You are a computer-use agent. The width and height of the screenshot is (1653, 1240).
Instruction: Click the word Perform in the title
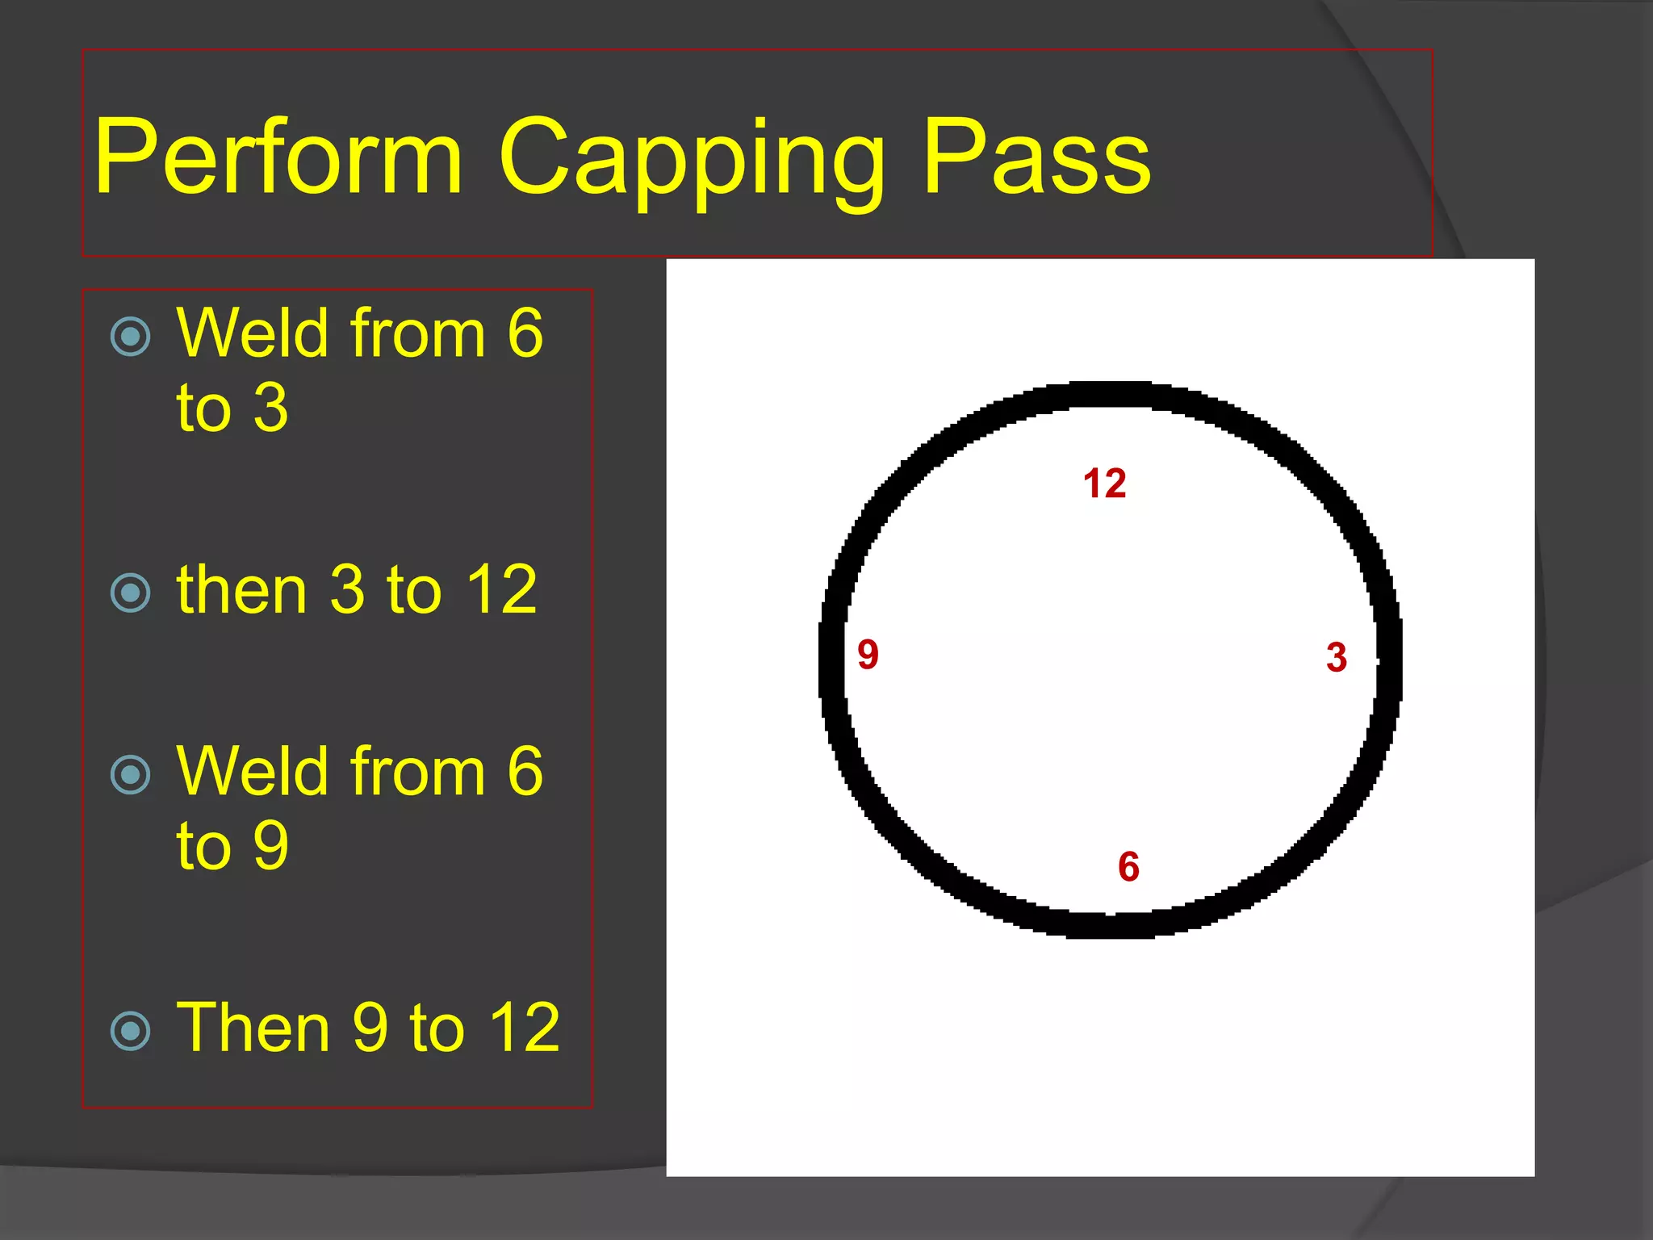tap(278, 157)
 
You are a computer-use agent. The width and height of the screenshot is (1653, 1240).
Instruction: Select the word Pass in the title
tap(1036, 157)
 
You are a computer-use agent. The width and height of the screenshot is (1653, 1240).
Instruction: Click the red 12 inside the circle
tap(1104, 484)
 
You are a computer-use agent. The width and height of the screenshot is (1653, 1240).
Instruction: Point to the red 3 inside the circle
tap(1337, 657)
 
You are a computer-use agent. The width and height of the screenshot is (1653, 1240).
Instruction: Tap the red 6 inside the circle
tap(1128, 866)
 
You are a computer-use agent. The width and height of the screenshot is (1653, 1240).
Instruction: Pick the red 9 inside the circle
tap(868, 654)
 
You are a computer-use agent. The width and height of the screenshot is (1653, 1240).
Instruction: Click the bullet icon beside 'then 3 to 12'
tap(130, 593)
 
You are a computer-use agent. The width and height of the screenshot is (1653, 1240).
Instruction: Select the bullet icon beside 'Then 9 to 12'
tap(130, 1031)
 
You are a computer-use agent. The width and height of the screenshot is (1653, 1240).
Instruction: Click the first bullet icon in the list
tap(130, 337)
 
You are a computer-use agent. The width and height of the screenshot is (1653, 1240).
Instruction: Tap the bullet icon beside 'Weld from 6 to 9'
tap(130, 775)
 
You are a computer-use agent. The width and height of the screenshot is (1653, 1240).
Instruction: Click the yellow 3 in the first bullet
tap(270, 408)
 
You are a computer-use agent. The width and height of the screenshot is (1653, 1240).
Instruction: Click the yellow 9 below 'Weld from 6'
tap(270, 845)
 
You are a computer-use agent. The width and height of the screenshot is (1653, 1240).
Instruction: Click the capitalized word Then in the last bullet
tap(253, 1028)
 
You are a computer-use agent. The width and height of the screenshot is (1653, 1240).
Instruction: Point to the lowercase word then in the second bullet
tap(241, 590)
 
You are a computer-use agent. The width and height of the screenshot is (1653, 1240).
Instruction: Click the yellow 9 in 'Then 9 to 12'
tap(370, 1028)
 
